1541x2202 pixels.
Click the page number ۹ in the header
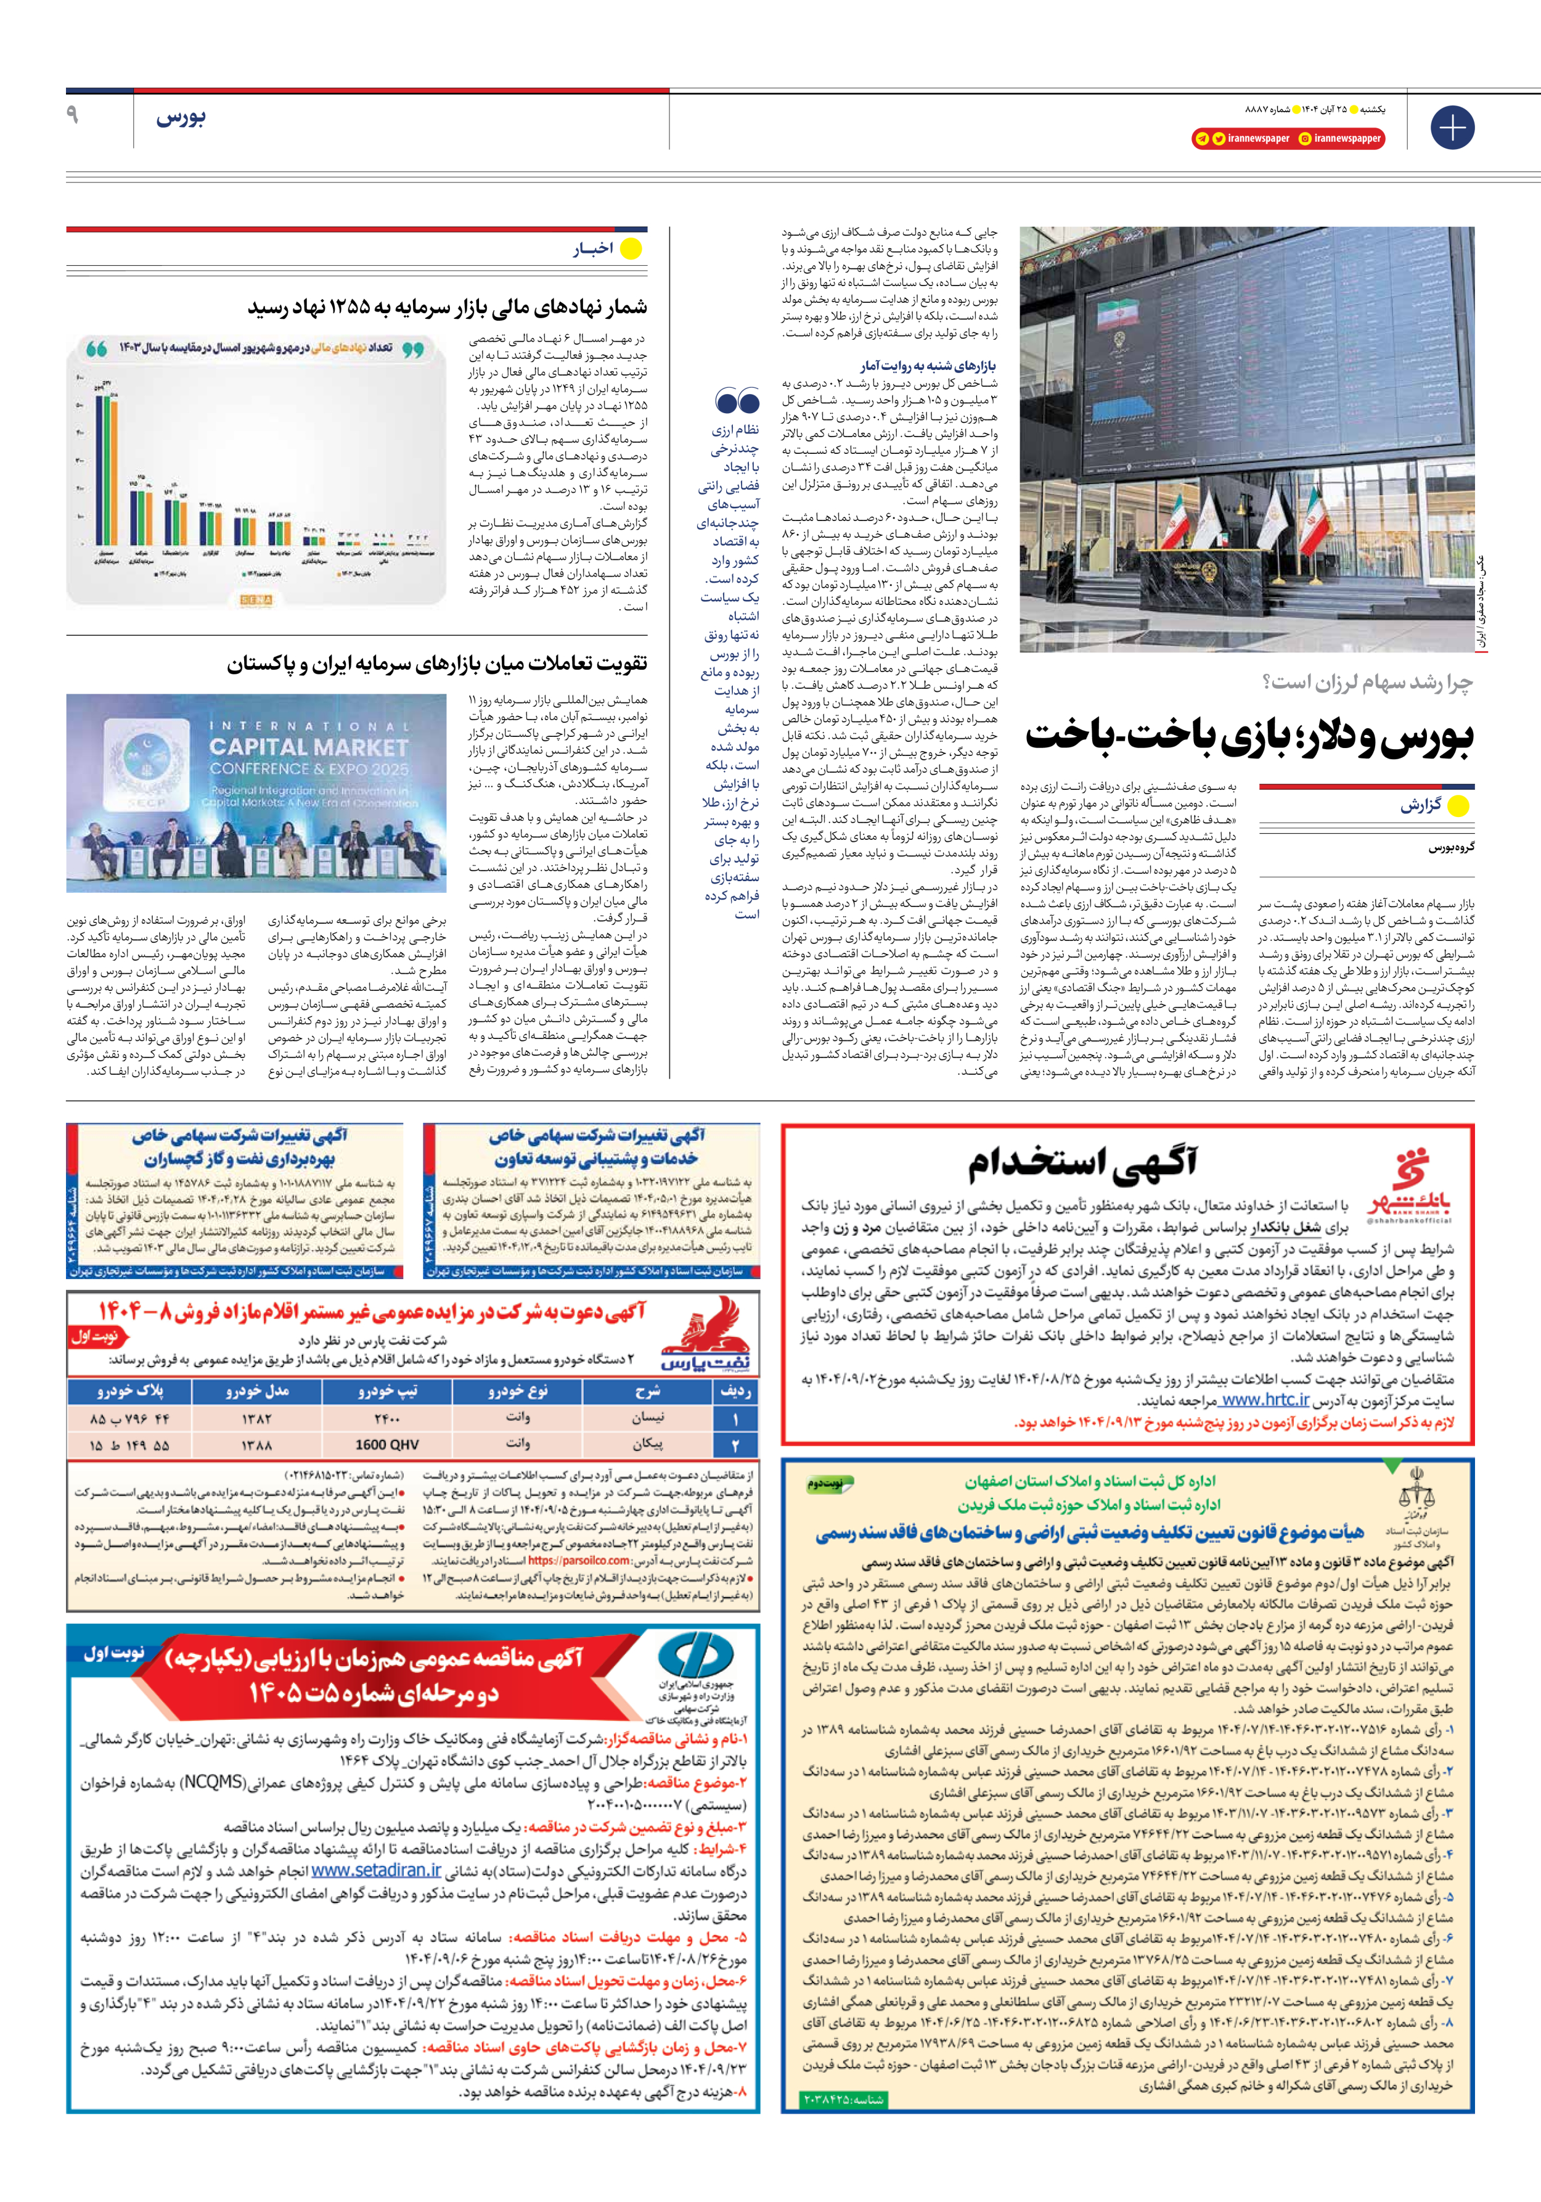click(x=72, y=115)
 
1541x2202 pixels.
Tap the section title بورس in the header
click(x=180, y=118)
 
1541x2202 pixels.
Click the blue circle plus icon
click(x=1452, y=128)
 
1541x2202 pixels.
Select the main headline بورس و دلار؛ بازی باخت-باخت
click(x=1249, y=736)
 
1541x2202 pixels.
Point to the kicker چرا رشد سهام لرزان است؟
click(x=1367, y=682)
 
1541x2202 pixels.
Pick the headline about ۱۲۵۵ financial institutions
click(x=447, y=307)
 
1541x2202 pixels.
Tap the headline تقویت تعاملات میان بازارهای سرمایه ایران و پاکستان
click(x=436, y=663)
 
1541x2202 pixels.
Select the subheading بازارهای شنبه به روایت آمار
click(x=928, y=366)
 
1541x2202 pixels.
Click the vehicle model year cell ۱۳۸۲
click(x=257, y=1418)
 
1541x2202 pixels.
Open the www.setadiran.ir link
click(x=376, y=1870)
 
